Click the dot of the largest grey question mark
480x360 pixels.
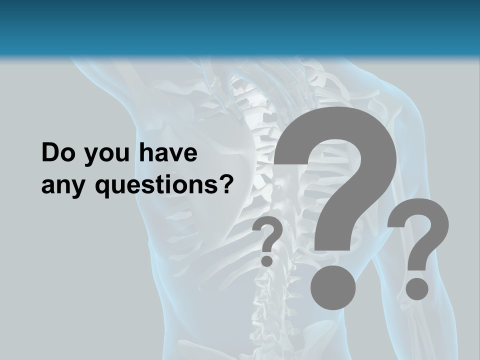(333, 288)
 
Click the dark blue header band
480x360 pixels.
(240, 25)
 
